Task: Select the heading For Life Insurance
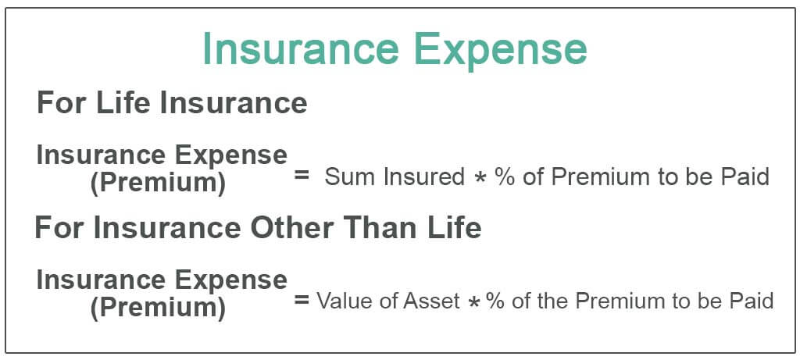(x=172, y=104)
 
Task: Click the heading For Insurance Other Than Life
(x=258, y=228)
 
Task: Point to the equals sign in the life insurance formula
(x=302, y=176)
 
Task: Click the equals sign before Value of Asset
(x=302, y=300)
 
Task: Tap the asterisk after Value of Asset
(x=473, y=302)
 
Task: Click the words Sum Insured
(x=395, y=177)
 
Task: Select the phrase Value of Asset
(x=388, y=301)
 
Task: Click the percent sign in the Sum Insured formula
(x=503, y=177)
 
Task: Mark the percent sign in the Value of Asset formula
(x=495, y=301)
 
